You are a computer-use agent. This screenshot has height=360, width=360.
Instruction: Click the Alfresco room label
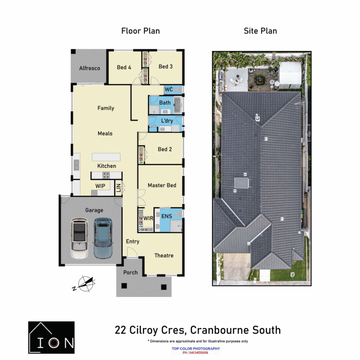click(89, 68)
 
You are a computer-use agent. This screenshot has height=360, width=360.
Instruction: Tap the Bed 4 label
click(124, 67)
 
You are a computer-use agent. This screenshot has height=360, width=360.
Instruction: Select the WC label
click(169, 89)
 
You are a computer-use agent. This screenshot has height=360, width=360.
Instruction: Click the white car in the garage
click(79, 239)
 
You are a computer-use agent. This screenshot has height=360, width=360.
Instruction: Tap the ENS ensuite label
click(166, 216)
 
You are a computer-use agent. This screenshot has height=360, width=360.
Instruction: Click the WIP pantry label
click(100, 186)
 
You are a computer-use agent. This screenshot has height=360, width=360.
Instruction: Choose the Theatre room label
click(164, 255)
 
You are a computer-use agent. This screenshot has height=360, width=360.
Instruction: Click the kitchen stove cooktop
click(106, 174)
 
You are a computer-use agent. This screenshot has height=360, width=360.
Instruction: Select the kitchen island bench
click(106, 157)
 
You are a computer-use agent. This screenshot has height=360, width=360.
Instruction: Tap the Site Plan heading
click(260, 31)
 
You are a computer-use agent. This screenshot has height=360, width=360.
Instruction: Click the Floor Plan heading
click(140, 31)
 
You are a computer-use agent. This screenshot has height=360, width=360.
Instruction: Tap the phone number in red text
click(195, 353)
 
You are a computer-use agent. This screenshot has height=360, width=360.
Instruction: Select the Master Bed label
click(162, 185)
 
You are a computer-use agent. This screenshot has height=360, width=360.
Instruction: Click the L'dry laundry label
click(167, 121)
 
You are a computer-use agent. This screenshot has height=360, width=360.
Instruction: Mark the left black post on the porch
click(124, 286)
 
